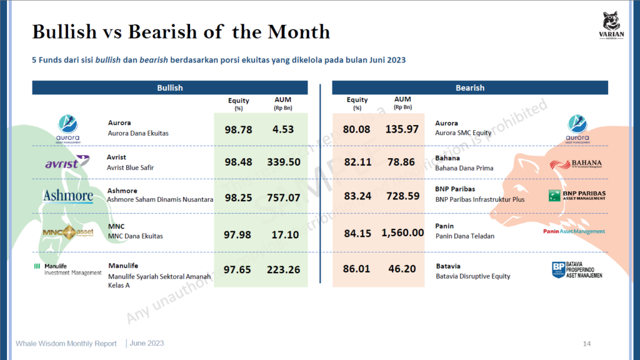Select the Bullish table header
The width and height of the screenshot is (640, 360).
click(169, 88)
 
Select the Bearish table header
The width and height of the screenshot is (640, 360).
click(470, 88)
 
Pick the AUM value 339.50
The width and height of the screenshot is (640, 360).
click(283, 162)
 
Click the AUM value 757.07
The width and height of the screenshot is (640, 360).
click(283, 197)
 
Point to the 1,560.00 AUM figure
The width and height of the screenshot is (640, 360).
click(402, 232)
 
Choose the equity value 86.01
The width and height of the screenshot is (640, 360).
click(357, 269)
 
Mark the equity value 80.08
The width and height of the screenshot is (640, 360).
click(357, 129)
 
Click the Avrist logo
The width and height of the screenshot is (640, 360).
click(66, 163)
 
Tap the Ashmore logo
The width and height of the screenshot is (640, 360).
click(67, 196)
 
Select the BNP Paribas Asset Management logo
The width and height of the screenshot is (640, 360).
click(576, 196)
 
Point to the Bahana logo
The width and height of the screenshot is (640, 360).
click(577, 164)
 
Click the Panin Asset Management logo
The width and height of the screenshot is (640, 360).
click(574, 231)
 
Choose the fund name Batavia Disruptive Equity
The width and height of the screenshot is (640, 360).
click(472, 276)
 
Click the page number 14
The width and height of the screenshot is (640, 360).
click(587, 343)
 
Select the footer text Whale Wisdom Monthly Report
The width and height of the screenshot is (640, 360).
click(66, 343)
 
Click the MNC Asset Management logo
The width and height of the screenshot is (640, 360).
click(67, 232)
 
